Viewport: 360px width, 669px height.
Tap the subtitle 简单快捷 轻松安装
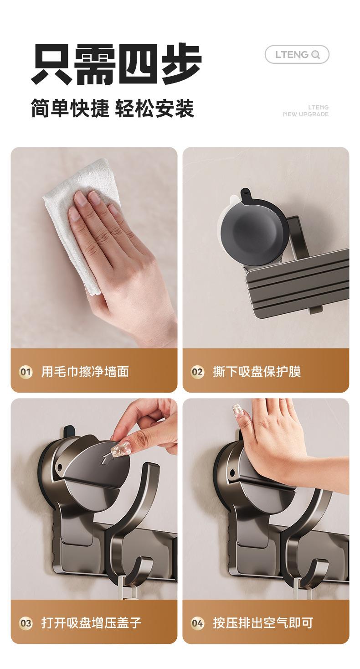tap(113, 108)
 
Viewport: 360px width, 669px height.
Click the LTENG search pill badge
tap(297, 54)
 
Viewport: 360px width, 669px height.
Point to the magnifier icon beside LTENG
tap(315, 55)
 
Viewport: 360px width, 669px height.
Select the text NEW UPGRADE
tap(306, 114)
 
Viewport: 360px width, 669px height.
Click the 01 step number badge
tap(26, 372)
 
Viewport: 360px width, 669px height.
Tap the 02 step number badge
tap(197, 372)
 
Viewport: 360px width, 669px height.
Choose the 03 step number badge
tap(26, 623)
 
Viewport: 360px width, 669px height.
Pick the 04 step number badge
tap(197, 623)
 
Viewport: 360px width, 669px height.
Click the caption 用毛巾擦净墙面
tap(85, 372)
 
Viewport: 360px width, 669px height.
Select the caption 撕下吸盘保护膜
tap(257, 372)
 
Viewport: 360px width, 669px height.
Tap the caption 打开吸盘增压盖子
tap(91, 623)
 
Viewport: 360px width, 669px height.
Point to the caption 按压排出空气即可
tap(263, 623)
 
